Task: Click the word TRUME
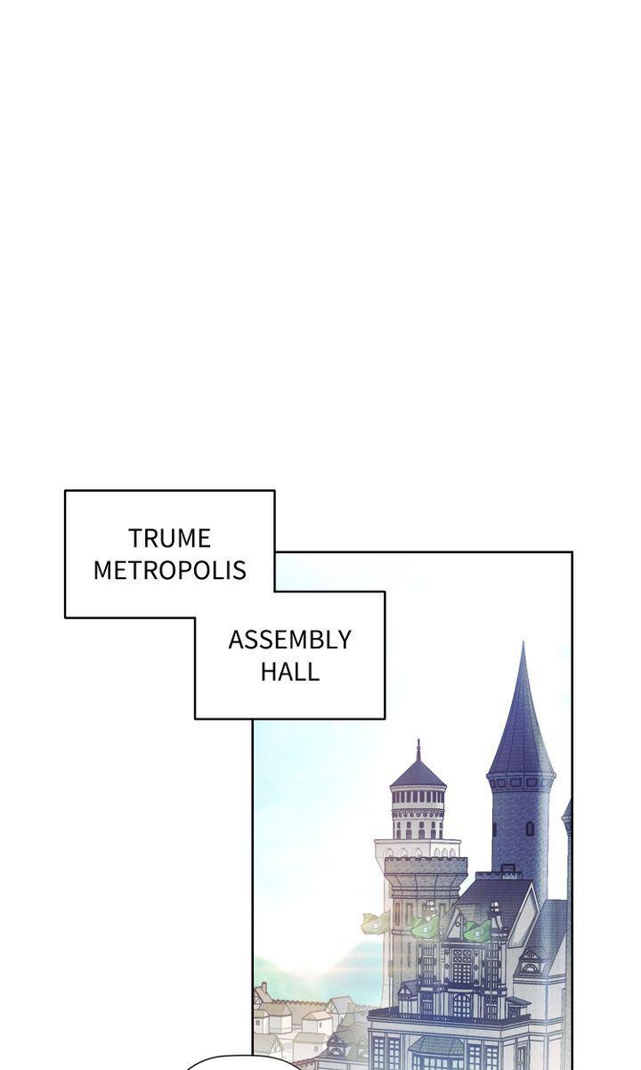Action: [169, 538]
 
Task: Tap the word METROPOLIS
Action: [170, 570]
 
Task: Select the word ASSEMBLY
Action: [289, 640]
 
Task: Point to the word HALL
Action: [289, 671]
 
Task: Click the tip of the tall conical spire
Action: [523, 642]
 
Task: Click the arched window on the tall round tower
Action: [530, 829]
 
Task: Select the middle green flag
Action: [426, 926]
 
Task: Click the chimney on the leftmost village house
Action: [262, 988]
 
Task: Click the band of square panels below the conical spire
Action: [521, 783]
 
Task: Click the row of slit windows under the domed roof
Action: [418, 796]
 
